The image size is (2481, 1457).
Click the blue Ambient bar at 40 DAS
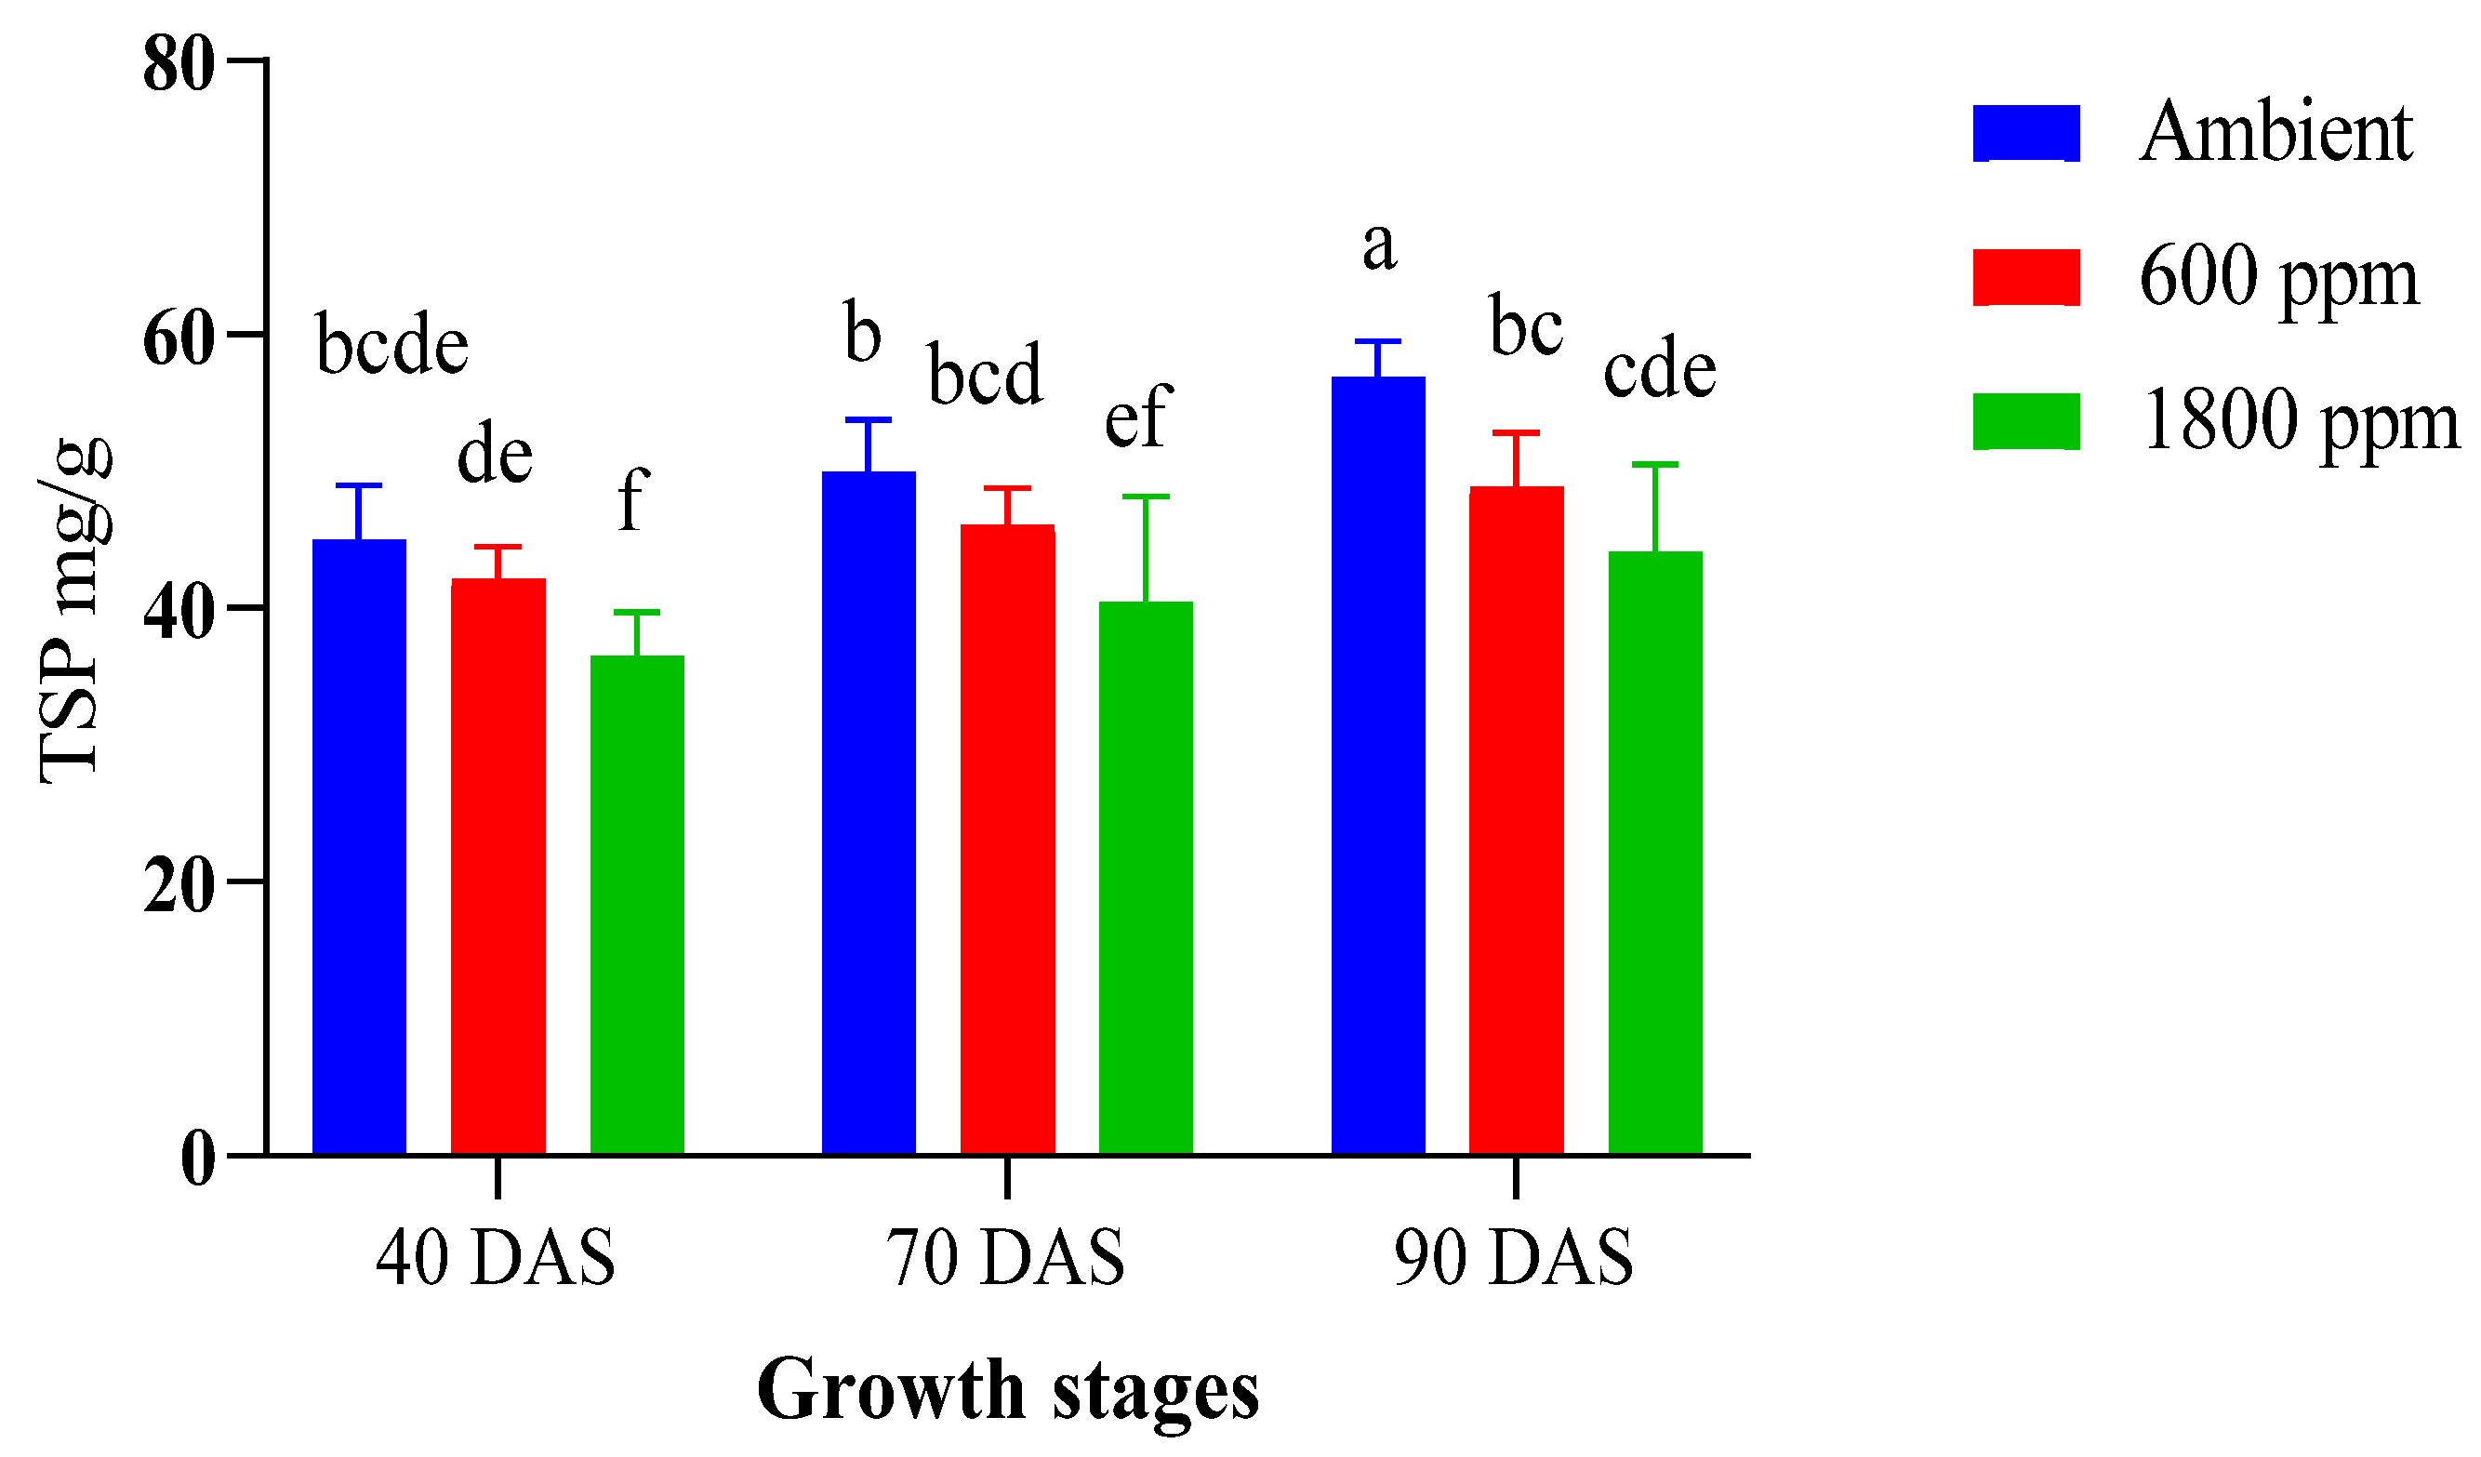click(359, 847)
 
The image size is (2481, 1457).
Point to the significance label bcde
click(391, 346)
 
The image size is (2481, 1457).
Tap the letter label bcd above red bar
click(985, 375)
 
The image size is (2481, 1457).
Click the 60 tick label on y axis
click(179, 340)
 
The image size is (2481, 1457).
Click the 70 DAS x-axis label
click(1005, 1259)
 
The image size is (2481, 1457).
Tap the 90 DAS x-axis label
click(1514, 1259)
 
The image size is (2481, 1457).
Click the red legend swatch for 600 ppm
click(2026, 278)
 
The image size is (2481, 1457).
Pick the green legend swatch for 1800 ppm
click(2026, 421)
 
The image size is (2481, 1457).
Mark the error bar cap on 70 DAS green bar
click(1146, 497)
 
